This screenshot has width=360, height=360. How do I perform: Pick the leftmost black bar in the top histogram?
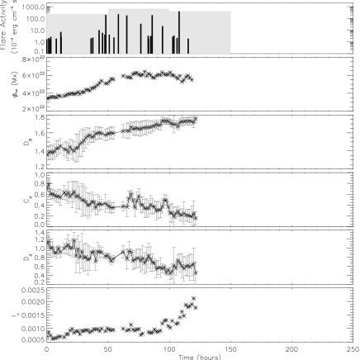[x=48, y=45]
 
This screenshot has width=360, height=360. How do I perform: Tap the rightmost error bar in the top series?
[x=196, y=120]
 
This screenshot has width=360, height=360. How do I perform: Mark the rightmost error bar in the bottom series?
[x=196, y=268]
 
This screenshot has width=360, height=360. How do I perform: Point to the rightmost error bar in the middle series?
[x=196, y=216]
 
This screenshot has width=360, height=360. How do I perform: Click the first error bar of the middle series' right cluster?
[x=122, y=204]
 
